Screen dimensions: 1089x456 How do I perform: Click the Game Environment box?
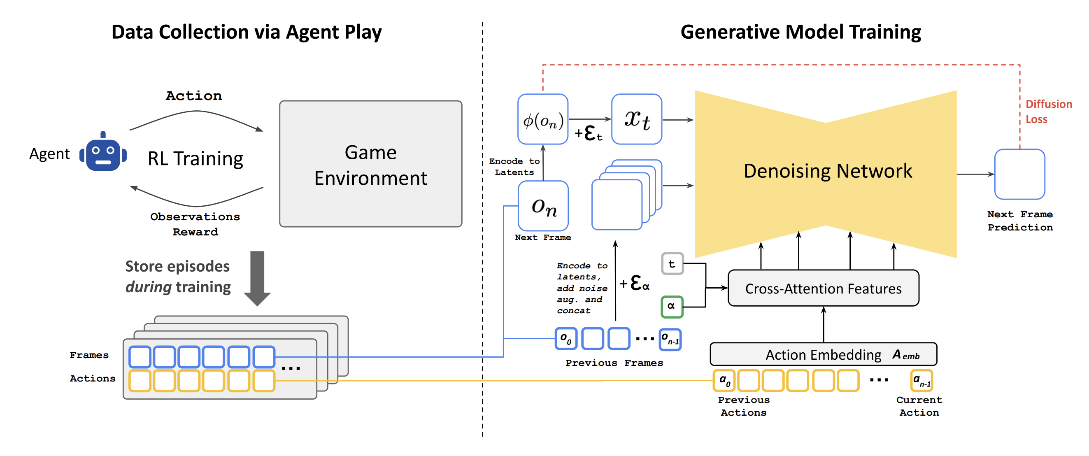pos(370,163)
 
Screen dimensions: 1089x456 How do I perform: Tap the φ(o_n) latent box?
pos(543,119)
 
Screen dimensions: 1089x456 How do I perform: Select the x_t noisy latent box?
pos(637,119)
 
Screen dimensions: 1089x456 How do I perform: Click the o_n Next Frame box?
pos(543,206)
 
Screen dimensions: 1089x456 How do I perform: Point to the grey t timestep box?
pos(672,264)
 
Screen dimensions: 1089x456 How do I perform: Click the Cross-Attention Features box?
pos(823,288)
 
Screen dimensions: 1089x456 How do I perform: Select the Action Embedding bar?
pos(823,354)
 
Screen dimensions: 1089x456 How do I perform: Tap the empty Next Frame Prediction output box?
pos(1020,174)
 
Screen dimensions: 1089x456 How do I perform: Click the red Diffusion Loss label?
pos(1048,112)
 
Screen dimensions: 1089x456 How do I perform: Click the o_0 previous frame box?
pos(566,339)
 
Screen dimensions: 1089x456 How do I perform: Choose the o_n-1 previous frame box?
pos(670,340)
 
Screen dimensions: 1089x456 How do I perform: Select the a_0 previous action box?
pos(724,381)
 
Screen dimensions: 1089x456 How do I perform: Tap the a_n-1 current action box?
pos(921,381)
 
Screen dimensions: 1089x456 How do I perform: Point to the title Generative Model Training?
pos(800,32)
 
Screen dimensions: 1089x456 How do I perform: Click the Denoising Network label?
pos(828,171)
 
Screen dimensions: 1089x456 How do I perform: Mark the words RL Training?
pos(195,159)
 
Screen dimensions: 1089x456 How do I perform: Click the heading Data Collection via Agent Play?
pos(247,32)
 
